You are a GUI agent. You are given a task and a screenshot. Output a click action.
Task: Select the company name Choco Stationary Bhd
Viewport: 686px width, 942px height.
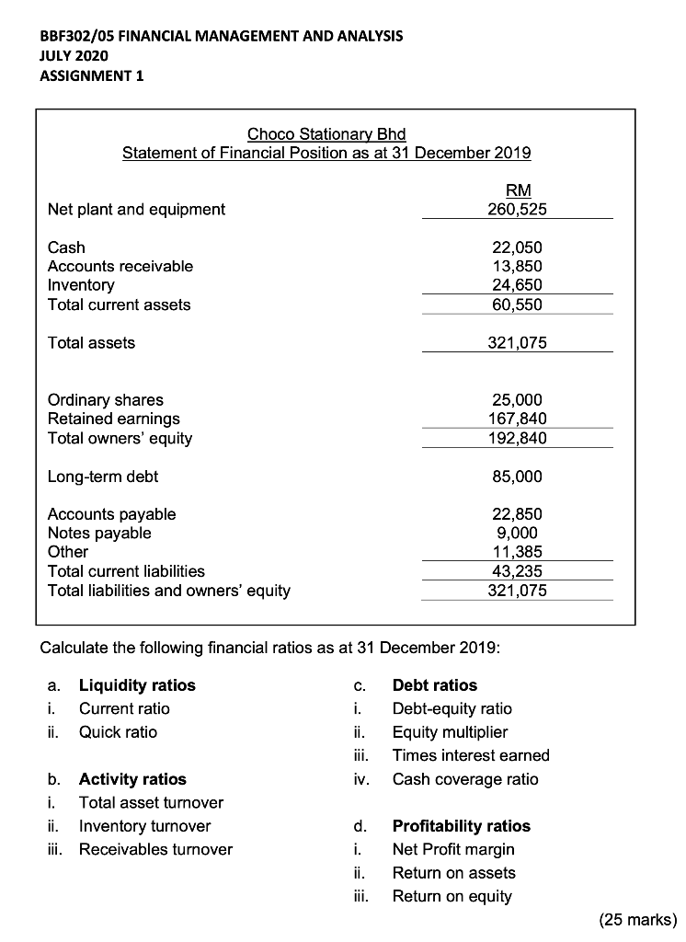(326, 133)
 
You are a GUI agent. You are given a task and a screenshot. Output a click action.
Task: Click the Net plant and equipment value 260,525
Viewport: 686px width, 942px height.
(517, 209)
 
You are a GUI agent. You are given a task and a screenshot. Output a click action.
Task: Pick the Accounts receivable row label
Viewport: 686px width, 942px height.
(120, 266)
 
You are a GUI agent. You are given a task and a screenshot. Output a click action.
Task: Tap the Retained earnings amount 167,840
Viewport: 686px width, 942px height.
(517, 419)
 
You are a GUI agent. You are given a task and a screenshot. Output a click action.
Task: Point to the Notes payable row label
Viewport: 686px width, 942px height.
(99, 533)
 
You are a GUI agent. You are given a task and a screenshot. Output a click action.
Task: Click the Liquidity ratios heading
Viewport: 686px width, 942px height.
(137, 684)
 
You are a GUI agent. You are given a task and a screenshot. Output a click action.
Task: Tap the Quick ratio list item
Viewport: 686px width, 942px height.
(118, 732)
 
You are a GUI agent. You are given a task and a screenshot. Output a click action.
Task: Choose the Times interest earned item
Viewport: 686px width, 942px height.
(471, 755)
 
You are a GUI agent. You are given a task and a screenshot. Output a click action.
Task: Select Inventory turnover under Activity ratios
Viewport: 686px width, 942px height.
(144, 826)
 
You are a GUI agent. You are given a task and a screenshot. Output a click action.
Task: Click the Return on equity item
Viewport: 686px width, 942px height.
(452, 896)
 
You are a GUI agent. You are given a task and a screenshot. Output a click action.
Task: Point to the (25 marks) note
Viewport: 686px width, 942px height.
(636, 918)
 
